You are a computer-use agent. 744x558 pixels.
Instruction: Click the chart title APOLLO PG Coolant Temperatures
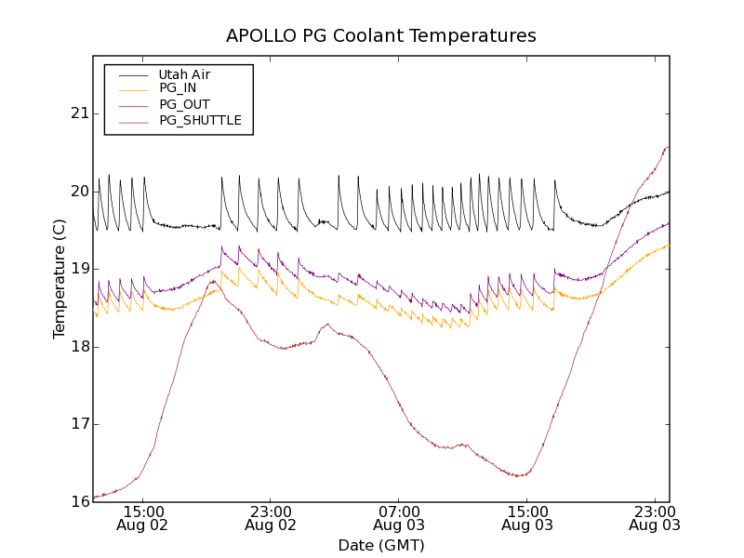pyautogui.click(x=381, y=36)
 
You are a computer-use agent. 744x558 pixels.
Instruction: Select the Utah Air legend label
pyautogui.click(x=184, y=74)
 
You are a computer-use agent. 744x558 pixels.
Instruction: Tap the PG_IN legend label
pyautogui.click(x=178, y=88)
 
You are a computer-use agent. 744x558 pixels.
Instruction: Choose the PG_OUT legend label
pyautogui.click(x=184, y=104)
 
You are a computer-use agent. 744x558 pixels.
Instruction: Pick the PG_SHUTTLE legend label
pyautogui.click(x=200, y=120)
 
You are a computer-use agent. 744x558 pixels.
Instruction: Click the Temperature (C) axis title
pyautogui.click(x=60, y=278)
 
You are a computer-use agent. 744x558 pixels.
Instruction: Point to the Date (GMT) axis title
pyautogui.click(x=381, y=545)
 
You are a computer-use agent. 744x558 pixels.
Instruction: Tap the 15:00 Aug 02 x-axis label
pyautogui.click(x=143, y=518)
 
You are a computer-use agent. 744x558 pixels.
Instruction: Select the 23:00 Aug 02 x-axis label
pyautogui.click(x=271, y=518)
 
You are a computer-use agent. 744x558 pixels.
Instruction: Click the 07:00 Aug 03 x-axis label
pyautogui.click(x=399, y=518)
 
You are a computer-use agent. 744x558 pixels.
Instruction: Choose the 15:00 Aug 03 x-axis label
pyautogui.click(x=527, y=518)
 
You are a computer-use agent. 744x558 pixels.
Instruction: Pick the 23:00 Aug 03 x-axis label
pyautogui.click(x=655, y=518)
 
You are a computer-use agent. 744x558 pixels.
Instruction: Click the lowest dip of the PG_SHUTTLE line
pyautogui.click(x=95, y=498)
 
